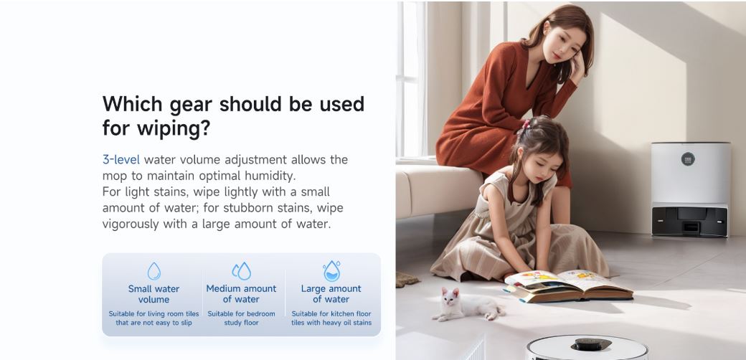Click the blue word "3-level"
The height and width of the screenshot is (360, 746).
121,159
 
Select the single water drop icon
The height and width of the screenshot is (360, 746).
154,271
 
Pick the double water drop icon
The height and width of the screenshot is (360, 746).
241,271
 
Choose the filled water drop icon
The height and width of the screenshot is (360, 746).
331,271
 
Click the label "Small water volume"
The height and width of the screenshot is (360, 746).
154,294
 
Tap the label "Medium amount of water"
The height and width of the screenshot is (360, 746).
241,294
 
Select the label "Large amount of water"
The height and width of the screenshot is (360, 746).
331,294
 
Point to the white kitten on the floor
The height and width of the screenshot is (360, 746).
466,305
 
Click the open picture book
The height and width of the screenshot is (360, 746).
568,285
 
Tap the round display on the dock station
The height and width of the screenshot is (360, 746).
688,159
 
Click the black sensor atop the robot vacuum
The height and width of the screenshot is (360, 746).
591,344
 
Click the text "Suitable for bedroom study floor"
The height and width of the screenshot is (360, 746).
241,318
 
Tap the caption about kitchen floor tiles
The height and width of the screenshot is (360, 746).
331,318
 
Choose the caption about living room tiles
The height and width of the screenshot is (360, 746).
154,318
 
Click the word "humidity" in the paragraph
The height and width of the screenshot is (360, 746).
270,176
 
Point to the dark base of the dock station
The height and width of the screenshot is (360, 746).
689,221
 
